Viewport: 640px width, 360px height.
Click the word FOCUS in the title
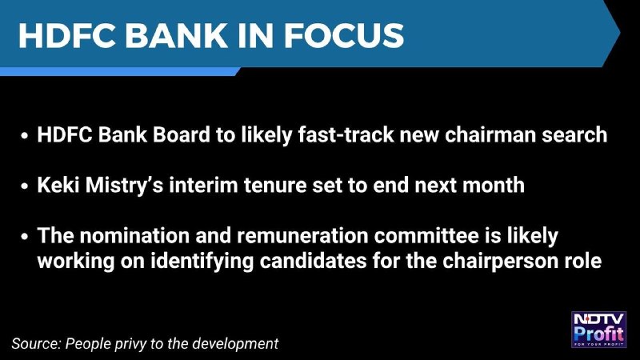[344, 35]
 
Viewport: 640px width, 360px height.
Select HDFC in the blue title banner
[67, 35]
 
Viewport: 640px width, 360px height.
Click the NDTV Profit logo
[598, 330]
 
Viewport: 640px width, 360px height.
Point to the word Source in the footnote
[36, 343]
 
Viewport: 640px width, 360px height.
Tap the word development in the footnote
[235, 343]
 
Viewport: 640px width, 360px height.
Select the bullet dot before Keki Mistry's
[25, 186]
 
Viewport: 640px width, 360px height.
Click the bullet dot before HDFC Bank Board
[25, 136]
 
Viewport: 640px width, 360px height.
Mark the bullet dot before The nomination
[25, 237]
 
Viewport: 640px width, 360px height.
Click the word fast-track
[346, 134]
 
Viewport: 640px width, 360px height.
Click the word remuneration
[302, 235]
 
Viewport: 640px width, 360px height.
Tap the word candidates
[313, 261]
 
